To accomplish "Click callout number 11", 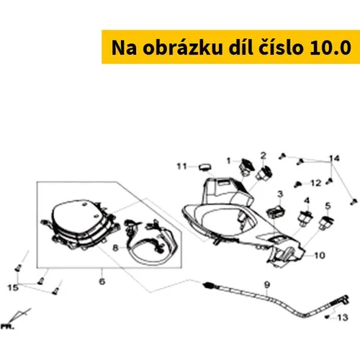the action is point(181,166).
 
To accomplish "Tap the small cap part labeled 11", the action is point(205,167).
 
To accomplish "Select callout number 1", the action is point(229,161).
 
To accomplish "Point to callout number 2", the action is point(264,156).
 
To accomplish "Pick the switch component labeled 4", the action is point(305,218).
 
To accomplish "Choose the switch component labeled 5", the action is point(326,222).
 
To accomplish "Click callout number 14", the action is point(334,158).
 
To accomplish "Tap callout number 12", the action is point(316,183).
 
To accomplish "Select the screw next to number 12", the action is point(297,184).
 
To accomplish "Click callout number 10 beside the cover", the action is point(320,256).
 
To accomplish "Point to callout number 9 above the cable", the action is point(267,284).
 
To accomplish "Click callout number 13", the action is point(343,318).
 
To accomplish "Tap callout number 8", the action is point(115,248).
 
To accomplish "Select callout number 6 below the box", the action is point(102,282).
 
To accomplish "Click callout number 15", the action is point(13,287).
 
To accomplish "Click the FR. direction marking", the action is point(7,327).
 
